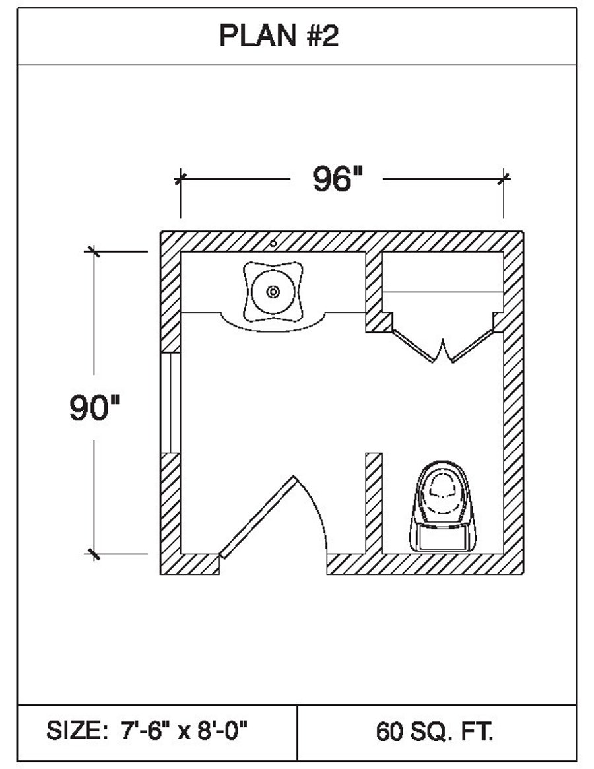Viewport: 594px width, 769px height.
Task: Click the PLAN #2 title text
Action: pos(279,37)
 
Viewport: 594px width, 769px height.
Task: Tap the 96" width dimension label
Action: pos(338,180)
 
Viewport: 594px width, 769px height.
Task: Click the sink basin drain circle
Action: pos(273,290)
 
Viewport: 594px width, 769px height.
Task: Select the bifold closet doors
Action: pos(443,347)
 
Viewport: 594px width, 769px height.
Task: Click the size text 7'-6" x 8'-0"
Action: pos(184,731)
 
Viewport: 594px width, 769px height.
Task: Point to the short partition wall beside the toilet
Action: pos(374,502)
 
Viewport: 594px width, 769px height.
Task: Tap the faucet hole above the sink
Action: pos(273,242)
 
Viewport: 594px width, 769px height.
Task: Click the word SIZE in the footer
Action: pos(74,731)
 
